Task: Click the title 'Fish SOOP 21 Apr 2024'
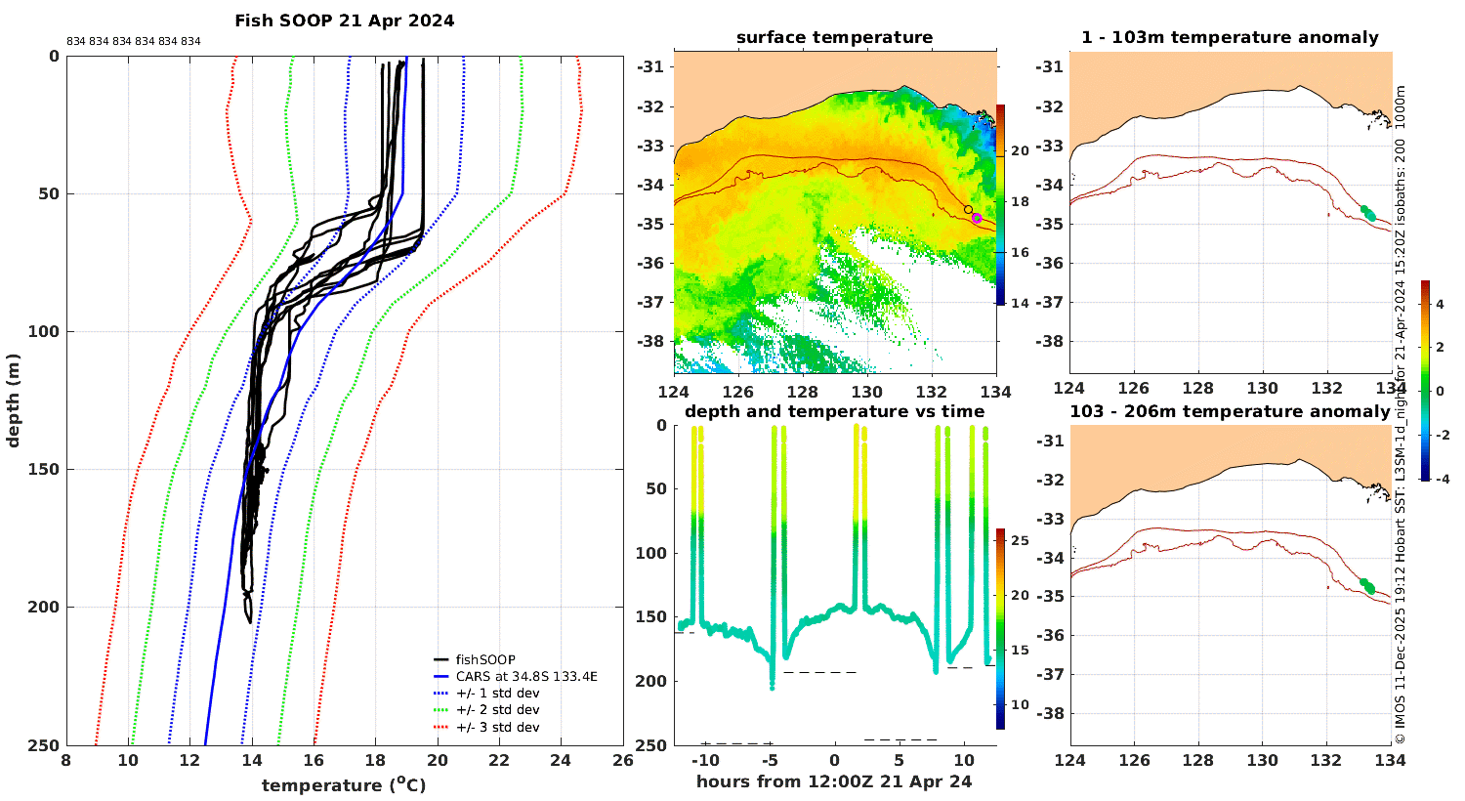coord(344,21)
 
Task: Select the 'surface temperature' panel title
coord(834,37)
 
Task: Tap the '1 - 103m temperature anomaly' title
coord(1230,37)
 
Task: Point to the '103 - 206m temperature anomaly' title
coord(1230,411)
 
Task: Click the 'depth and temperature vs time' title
coord(834,411)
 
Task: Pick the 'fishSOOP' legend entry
coord(485,659)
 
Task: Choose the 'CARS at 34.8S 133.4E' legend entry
coord(526,677)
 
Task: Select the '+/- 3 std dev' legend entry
coord(498,727)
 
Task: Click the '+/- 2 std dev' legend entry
coord(498,710)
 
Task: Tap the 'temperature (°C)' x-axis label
coord(344,784)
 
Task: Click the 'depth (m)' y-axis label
coord(13,400)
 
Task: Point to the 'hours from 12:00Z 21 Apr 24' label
coord(834,781)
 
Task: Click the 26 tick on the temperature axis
coord(623,760)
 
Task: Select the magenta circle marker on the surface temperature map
coord(977,218)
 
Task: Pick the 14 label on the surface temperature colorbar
coord(1021,303)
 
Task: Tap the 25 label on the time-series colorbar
coord(1021,541)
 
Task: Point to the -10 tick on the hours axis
coord(705,760)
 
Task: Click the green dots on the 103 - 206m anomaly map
coord(1367,586)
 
